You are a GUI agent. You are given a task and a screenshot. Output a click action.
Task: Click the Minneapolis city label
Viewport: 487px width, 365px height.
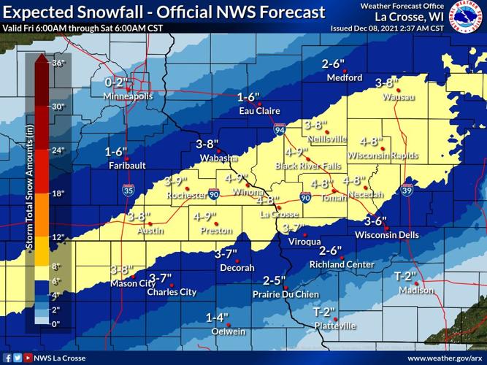(128, 96)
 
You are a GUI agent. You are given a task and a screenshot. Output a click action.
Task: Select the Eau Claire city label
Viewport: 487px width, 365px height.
(261, 111)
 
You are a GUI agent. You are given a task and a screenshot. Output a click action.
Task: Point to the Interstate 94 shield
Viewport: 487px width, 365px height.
(280, 129)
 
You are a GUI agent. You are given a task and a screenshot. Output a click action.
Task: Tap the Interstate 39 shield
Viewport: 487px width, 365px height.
(406, 191)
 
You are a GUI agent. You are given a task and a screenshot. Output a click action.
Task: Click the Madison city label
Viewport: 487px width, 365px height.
(415, 291)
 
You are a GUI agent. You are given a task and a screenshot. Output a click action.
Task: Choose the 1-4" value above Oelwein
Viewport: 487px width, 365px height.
(218, 318)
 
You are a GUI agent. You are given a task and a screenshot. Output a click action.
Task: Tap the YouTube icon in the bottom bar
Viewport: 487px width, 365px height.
(28, 358)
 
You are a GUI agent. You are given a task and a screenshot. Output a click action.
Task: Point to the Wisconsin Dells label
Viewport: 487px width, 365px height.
(386, 234)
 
